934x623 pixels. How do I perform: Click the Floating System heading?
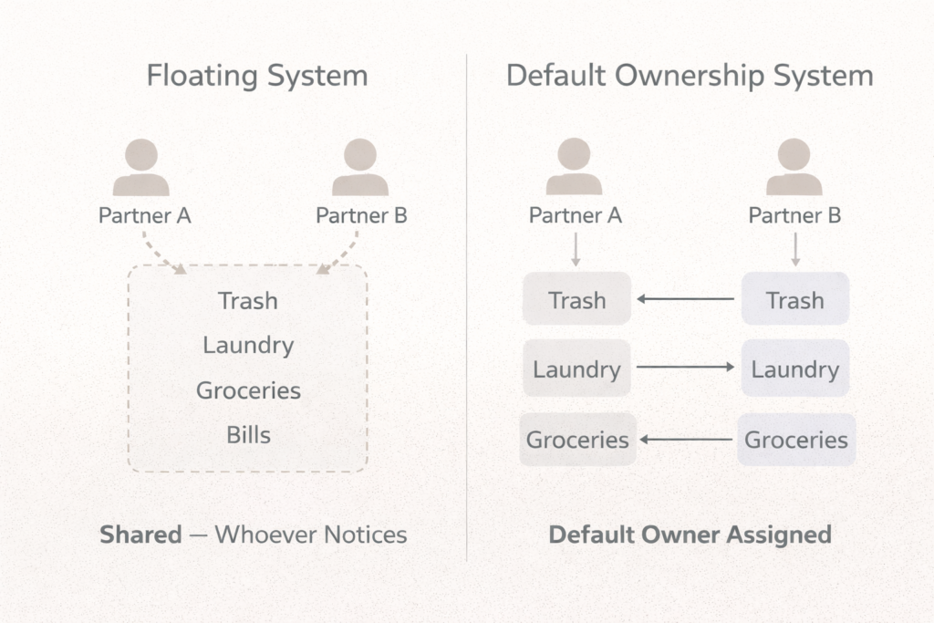tap(257, 76)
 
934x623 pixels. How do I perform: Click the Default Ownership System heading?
tap(690, 76)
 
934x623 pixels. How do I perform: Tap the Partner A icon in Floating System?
tap(140, 168)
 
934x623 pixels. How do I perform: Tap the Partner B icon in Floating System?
tap(360, 168)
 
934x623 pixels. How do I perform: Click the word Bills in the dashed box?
tap(248, 435)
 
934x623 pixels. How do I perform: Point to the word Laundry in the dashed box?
tap(248, 346)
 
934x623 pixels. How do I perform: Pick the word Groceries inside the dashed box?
tap(248, 390)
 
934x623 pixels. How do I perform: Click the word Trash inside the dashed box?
tap(248, 301)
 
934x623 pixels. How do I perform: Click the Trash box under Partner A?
tap(576, 299)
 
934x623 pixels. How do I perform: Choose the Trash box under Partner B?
tap(794, 299)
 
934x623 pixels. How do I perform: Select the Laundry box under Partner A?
tap(576, 369)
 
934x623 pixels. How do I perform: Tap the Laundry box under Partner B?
tap(794, 369)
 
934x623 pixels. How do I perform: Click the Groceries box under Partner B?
tap(795, 440)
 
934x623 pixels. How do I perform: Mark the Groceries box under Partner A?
tap(577, 440)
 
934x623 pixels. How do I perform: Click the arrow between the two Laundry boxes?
tap(686, 368)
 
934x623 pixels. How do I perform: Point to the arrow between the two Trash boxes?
tap(686, 298)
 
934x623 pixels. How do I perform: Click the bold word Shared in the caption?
tap(140, 535)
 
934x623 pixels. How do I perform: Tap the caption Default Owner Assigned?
tap(690, 535)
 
